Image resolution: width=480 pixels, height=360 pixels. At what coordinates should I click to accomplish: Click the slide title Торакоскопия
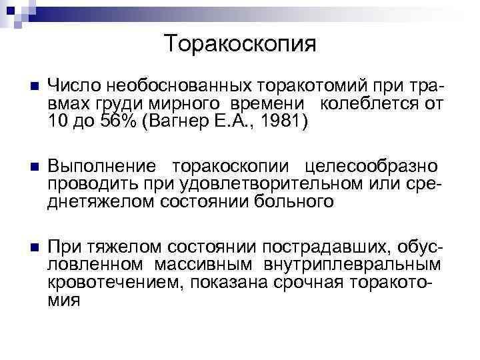point(240,44)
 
